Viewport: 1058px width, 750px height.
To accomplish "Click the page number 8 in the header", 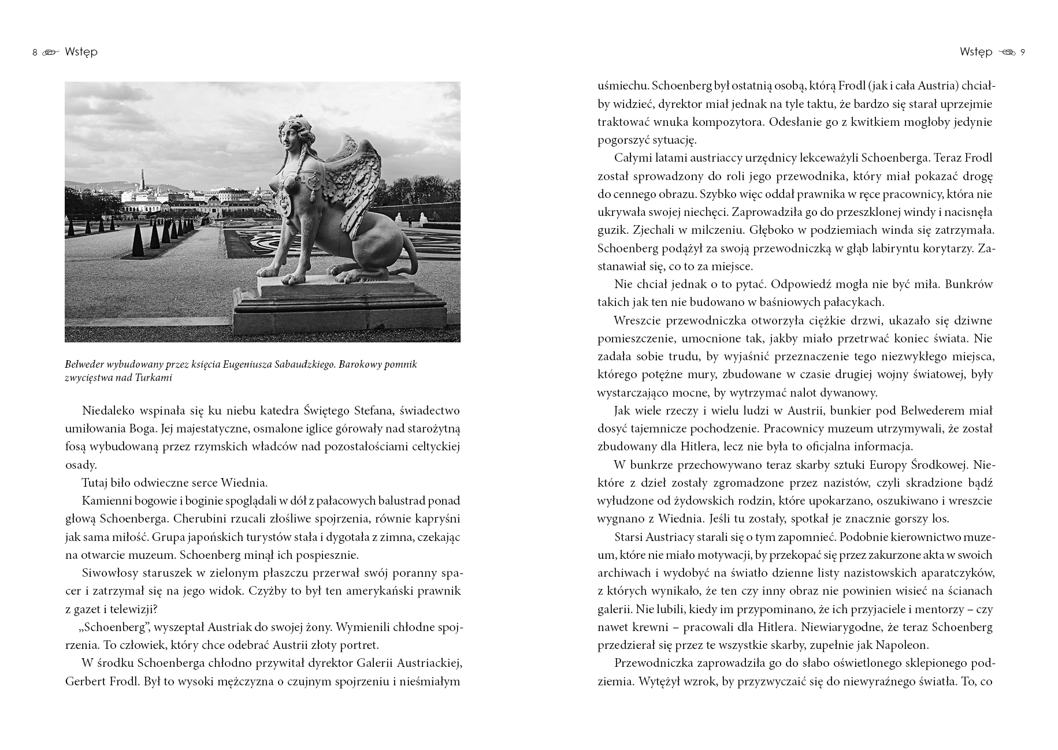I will click(35, 53).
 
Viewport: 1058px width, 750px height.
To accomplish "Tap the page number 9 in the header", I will click(1023, 53).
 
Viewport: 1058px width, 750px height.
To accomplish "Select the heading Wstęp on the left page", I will click(81, 52).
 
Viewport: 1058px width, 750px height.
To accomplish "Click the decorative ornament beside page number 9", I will click(1007, 53).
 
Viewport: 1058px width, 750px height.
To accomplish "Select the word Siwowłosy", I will click(110, 573).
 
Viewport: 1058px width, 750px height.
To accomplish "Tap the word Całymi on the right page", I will click(634, 158).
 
